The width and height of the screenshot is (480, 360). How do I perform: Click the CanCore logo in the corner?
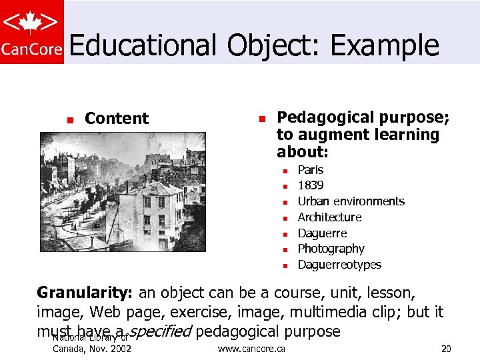[32, 32]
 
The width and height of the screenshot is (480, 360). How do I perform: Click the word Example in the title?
[385, 45]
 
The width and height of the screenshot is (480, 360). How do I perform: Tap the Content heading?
[117, 119]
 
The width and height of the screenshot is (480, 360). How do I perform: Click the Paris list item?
[310, 170]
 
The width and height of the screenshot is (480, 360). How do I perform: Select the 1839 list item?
[311, 185]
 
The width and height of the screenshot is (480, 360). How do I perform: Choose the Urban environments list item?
[351, 201]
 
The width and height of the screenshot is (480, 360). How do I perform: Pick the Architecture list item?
[329, 217]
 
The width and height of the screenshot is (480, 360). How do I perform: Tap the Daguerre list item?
[322, 233]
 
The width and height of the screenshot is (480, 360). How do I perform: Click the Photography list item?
[331, 249]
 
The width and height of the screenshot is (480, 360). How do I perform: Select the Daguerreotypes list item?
[339, 265]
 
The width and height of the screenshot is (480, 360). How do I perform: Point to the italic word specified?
[159, 332]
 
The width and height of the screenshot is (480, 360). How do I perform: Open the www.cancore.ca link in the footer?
[251, 349]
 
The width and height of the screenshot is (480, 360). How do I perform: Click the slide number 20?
[446, 349]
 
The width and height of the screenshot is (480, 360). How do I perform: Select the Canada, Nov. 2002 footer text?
[91, 349]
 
